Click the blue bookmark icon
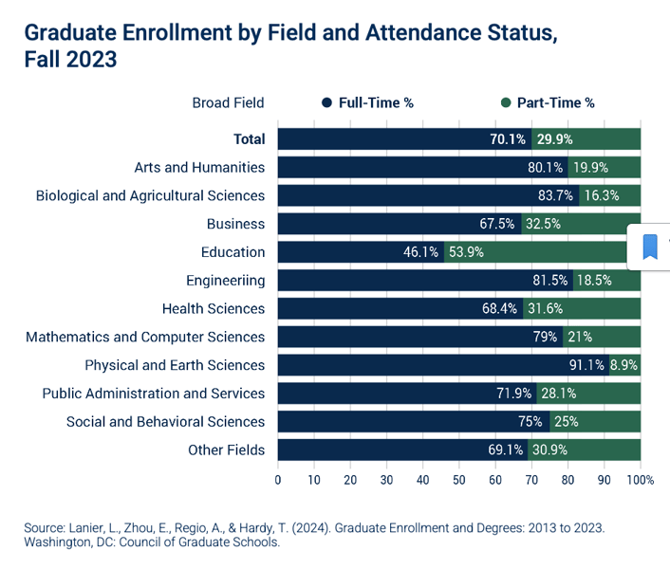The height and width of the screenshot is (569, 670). point(650,247)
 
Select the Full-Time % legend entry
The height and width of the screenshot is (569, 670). point(367,102)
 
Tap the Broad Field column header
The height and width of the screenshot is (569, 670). point(228,102)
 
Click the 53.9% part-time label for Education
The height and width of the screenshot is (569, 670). point(467,252)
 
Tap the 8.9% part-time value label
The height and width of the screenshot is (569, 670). point(624,365)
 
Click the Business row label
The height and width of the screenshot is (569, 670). point(235,224)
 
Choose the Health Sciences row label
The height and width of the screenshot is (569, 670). point(214,308)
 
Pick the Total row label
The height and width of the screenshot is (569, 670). point(249,139)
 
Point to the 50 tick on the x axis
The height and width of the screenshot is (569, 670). point(459,480)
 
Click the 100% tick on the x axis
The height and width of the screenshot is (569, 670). point(641,480)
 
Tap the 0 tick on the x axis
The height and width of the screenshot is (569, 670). point(278,480)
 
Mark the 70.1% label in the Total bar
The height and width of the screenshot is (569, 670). point(508,139)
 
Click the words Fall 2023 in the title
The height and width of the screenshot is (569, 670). point(70,59)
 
